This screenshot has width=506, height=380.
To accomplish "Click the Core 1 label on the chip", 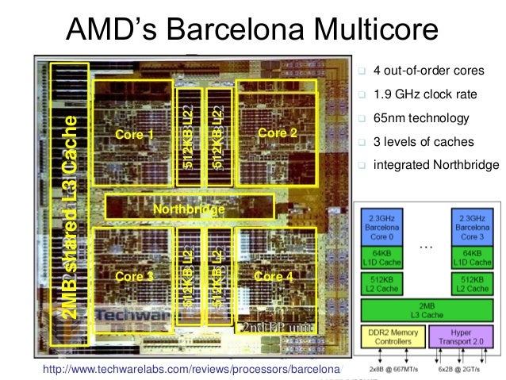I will click(135, 135).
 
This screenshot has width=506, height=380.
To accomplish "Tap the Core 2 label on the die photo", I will click(278, 133).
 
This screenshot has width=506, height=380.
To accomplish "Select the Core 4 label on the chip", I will click(274, 276).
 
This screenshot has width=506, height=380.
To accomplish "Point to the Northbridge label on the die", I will click(189, 209).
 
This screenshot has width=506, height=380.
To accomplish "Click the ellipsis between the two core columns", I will click(426, 247).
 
